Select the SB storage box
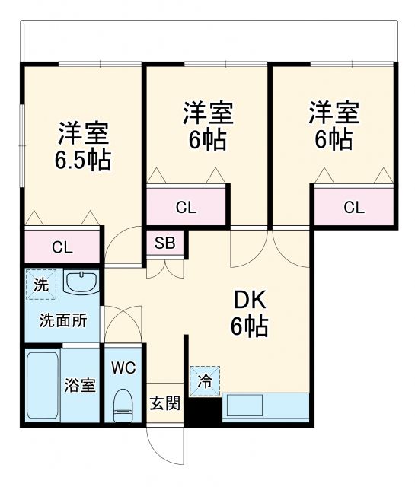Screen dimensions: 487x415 [x=164, y=243]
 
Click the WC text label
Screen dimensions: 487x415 [x=123, y=368]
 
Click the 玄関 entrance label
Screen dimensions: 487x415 [x=164, y=403]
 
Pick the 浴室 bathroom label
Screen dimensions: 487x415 [x=78, y=384]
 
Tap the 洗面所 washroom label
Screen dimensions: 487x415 [x=63, y=320]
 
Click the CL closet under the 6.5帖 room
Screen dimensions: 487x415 [x=62, y=246]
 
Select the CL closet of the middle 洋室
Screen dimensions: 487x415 [x=186, y=206]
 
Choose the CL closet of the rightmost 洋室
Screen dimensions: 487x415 [x=353, y=206]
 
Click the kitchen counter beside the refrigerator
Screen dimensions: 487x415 [x=266, y=407]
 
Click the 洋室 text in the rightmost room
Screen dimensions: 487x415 [x=334, y=114]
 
